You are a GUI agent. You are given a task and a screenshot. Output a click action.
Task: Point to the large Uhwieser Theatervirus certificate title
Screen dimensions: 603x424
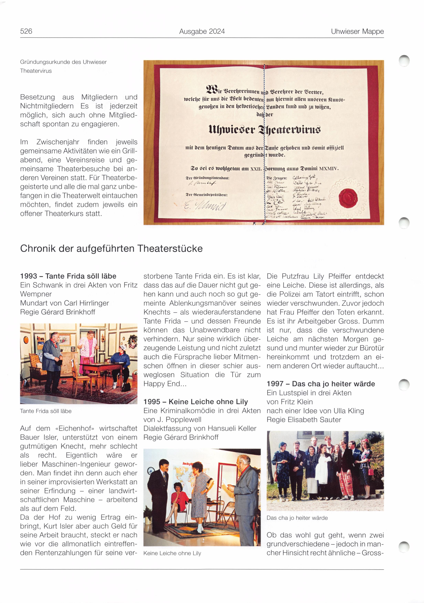point(264,130)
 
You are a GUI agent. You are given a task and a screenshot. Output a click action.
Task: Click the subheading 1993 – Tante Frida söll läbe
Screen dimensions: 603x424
point(68,276)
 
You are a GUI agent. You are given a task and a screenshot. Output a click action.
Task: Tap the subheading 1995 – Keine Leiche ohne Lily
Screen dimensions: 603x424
point(195,402)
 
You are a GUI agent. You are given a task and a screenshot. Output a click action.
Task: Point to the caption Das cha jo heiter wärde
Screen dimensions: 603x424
point(297,518)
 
